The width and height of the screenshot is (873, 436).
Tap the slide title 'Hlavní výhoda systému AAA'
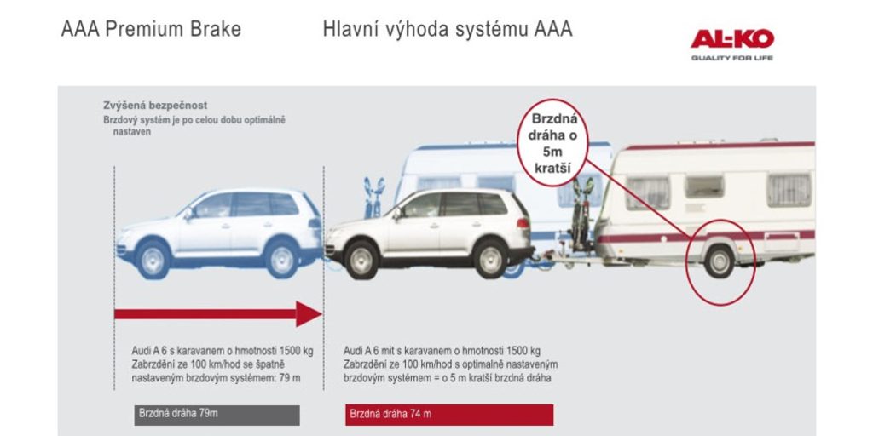point(448,30)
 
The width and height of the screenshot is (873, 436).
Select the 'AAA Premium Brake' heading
point(151,30)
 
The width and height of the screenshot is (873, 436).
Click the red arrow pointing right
point(217,314)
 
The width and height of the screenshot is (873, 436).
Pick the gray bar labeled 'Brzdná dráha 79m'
point(217,415)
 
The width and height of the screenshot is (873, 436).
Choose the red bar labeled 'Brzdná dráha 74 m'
point(449,415)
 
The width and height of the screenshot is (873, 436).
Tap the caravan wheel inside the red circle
point(719,261)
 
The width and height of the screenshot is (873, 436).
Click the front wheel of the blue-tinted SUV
point(153,259)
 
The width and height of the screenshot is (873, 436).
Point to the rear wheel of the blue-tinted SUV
point(281,259)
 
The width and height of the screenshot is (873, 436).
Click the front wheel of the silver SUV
point(361,260)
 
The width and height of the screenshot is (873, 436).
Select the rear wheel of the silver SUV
point(490,259)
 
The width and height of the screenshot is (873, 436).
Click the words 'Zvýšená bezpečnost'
point(155,105)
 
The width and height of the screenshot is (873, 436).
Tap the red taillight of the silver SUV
point(523,222)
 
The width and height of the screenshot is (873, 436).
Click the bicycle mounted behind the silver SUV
point(581,214)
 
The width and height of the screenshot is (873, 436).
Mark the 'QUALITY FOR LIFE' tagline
point(732,58)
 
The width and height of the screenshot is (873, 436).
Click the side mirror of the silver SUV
point(397,213)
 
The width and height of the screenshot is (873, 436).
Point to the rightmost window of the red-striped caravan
point(789,190)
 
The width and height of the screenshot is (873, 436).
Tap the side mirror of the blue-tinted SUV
point(188,213)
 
